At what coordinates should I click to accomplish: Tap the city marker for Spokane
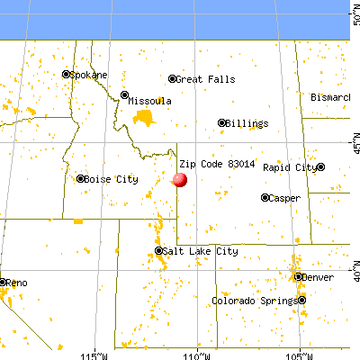click(x=66, y=75)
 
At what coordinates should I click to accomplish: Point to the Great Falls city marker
click(x=172, y=79)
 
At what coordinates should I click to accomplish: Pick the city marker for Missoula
click(x=125, y=94)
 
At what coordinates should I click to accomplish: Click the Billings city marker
click(x=222, y=123)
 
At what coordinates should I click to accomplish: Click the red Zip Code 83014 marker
click(x=180, y=179)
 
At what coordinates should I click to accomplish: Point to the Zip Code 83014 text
click(x=211, y=165)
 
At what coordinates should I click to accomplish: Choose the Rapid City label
click(x=290, y=167)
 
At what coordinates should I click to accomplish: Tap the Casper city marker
click(x=265, y=197)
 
